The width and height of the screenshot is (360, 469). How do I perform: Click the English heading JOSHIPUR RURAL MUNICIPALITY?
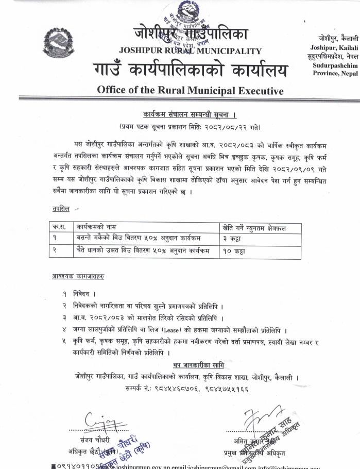point(190,51)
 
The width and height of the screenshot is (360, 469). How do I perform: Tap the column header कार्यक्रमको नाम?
point(97,227)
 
